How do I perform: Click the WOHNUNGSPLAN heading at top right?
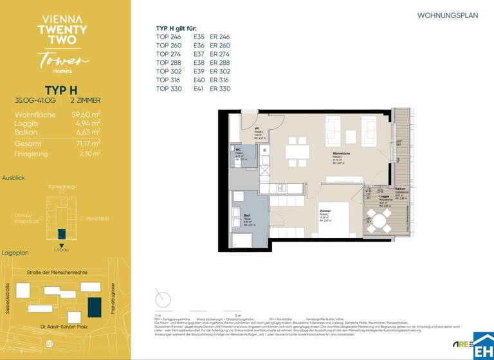(x=448, y=15)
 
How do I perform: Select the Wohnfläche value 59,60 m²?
(x=86, y=114)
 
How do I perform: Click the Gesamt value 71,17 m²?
(x=86, y=144)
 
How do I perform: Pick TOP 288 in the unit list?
(x=169, y=63)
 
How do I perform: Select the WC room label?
(x=237, y=150)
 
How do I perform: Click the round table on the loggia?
(x=380, y=223)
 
